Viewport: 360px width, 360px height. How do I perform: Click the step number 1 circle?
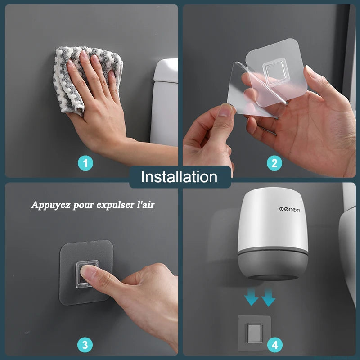85,162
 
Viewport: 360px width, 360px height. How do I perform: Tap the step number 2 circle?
274,162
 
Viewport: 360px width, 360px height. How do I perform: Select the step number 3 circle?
85,345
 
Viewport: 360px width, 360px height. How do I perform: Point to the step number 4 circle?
274,345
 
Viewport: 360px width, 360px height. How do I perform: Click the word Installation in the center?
179,177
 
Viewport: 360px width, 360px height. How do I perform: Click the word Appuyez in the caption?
49,205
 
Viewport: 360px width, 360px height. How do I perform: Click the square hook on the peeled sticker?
273,70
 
